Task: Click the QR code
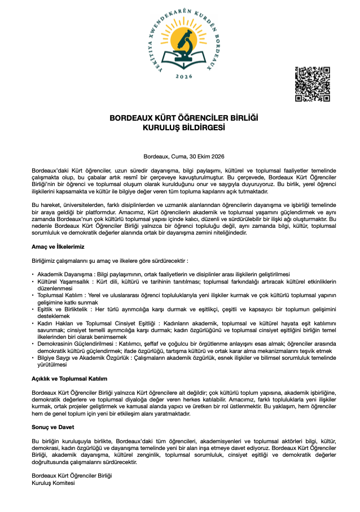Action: [x=312, y=84]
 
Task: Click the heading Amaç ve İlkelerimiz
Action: [x=58, y=246]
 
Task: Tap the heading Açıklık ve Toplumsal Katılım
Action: [x=69, y=378]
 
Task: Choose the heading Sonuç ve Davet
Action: [x=54, y=427]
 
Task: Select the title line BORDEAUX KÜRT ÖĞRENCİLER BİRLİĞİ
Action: [x=184, y=118]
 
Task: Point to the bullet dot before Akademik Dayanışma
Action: [x=33, y=274]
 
